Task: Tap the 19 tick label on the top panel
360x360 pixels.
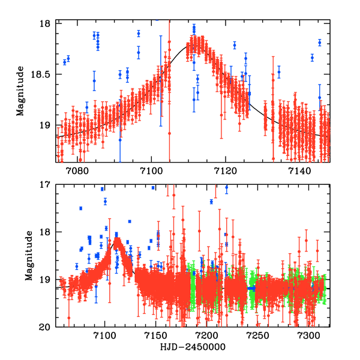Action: click(46, 125)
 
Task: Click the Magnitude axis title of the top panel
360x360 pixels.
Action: click(20, 92)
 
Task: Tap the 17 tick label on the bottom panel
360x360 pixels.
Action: click(46, 185)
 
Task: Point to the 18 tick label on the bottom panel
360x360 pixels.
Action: click(46, 232)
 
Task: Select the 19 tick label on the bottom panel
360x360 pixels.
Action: click(46, 280)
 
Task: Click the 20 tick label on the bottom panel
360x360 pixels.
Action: click(46, 327)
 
